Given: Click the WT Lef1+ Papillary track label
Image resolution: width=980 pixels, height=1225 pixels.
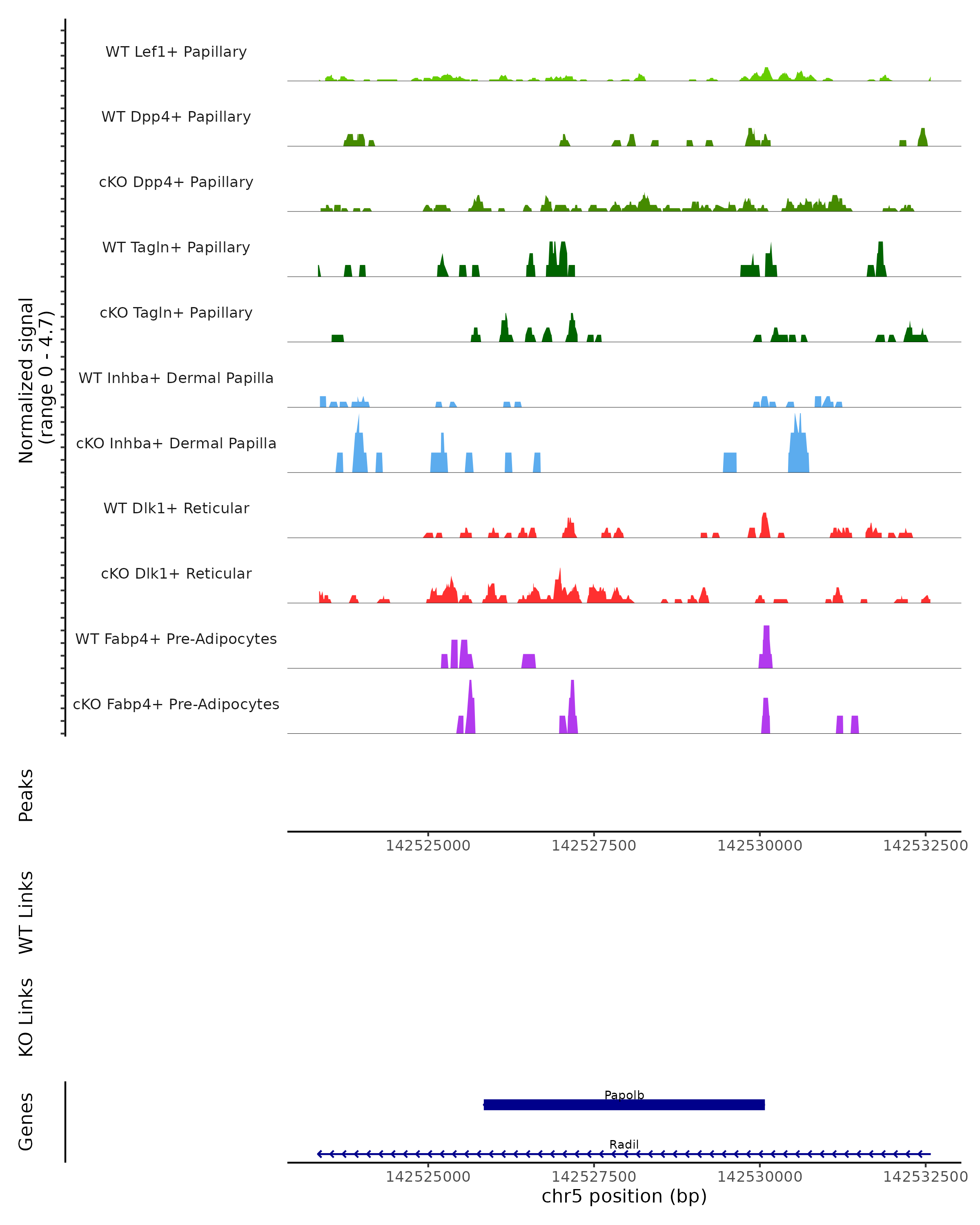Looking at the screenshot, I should pyautogui.click(x=176, y=52).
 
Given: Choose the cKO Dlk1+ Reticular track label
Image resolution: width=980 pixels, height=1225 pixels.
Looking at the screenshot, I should pyautogui.click(x=176, y=573).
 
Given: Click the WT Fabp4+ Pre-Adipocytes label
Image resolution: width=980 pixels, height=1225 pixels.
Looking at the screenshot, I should pyautogui.click(x=176, y=639).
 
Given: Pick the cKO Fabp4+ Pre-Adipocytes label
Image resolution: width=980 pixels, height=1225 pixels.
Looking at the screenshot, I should pyautogui.click(x=176, y=704).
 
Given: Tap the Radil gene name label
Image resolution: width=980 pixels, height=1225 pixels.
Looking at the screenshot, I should pyautogui.click(x=624, y=1144).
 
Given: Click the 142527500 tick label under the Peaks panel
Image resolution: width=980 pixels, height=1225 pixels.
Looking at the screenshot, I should pyautogui.click(x=594, y=846).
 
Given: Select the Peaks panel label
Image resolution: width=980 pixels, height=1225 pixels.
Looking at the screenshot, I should pyautogui.click(x=26, y=795).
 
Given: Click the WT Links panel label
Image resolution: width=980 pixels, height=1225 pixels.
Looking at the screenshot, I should pyautogui.click(x=26, y=912).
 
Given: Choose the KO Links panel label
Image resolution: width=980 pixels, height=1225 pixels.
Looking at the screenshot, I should pyautogui.click(x=26, y=1017).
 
